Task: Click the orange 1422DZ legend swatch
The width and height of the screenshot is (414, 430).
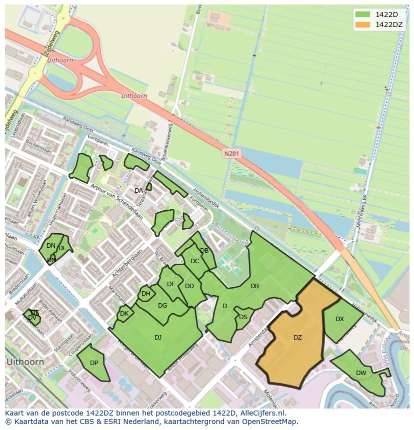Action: [363, 24]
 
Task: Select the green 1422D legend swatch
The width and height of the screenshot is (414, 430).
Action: [363, 14]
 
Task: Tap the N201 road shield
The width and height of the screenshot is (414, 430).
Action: [231, 154]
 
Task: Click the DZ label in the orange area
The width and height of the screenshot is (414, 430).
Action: [297, 338]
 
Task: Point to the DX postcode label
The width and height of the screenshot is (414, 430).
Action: [339, 319]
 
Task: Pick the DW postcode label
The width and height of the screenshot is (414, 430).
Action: [361, 373]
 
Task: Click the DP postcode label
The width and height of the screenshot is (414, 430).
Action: [93, 363]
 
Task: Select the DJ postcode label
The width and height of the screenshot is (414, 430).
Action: [158, 338]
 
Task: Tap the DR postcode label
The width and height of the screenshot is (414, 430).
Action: [254, 286]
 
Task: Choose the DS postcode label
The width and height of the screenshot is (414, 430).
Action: [243, 317]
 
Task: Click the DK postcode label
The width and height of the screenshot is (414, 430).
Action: [124, 314]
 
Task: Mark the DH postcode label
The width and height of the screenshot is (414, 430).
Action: [145, 294]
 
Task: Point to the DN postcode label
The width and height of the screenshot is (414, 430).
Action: [50, 246]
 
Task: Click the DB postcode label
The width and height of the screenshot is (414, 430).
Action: [204, 251]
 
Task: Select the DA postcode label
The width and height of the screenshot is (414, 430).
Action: [138, 191]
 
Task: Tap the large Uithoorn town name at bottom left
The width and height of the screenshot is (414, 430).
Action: [24, 362]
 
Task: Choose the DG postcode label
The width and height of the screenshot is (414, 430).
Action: [162, 306]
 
